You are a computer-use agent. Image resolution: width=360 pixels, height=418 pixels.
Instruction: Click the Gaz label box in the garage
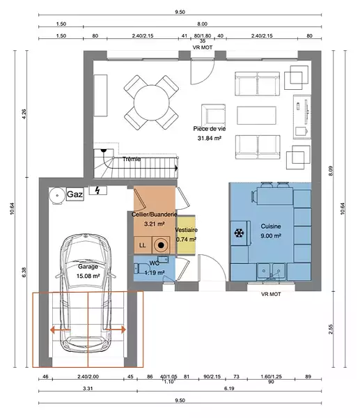coord(75,194)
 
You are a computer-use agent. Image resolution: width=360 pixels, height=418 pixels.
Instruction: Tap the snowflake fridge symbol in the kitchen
coord(239,233)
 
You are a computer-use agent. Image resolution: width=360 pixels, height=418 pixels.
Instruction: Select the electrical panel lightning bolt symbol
coord(97,190)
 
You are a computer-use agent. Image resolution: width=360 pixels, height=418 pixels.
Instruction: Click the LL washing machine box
coord(143,245)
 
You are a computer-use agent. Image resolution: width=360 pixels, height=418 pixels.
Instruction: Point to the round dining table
coord(151,102)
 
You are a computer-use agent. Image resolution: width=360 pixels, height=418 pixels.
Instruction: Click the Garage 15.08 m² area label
coord(88,272)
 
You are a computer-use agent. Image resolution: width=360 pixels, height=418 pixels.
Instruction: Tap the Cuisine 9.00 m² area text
coord(271,231)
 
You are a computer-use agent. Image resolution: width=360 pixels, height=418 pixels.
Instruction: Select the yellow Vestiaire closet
coord(186,235)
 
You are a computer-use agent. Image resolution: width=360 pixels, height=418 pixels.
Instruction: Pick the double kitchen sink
coord(272,272)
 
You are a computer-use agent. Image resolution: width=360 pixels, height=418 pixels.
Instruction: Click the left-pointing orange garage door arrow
coord(61,330)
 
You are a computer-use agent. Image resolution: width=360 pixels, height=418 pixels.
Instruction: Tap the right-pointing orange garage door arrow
coord(116,330)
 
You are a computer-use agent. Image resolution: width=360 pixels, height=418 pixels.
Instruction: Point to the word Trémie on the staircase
coord(132,159)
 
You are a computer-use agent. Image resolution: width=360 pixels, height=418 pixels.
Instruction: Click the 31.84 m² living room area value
coord(210,138)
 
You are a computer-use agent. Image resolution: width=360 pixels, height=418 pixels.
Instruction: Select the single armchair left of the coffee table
coord(213,115)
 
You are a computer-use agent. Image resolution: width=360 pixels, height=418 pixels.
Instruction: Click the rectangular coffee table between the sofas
coord(256,115)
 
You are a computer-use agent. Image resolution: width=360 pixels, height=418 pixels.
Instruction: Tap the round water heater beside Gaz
coord(57,195)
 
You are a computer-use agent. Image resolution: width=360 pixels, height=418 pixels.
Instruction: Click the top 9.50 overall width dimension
coord(180,12)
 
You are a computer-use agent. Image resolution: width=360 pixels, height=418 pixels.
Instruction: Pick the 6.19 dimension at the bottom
coord(229,389)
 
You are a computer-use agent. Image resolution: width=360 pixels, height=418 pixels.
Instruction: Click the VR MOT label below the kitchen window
coord(271,294)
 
